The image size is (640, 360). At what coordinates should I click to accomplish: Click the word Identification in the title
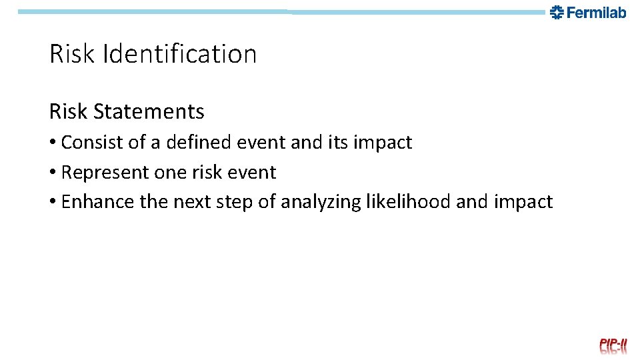[x=179, y=54]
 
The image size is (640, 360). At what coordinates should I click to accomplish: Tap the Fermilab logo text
[x=597, y=12]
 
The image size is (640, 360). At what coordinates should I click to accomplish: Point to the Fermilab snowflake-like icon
[x=557, y=12]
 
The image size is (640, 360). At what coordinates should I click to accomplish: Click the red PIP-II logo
[x=613, y=345]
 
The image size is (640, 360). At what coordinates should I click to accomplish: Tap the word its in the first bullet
[x=319, y=143]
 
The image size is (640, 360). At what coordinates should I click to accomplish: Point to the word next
[x=193, y=202]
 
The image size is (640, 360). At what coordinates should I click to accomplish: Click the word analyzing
[x=321, y=202]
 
